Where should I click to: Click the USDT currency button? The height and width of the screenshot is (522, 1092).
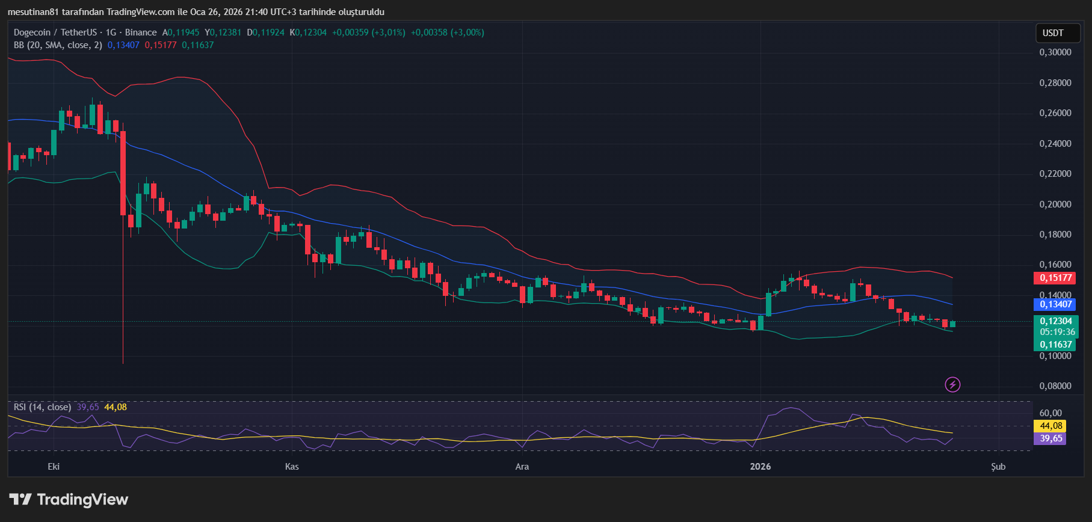tap(1053, 33)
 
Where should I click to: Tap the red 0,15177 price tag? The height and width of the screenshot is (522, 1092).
tap(1057, 278)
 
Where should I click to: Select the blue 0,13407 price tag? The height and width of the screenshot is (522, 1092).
tap(1057, 304)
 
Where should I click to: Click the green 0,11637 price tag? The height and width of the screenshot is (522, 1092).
tap(1057, 345)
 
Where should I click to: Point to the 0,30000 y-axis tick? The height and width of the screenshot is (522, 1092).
tap(1055, 52)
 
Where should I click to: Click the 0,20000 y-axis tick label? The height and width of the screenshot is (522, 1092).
tap(1055, 204)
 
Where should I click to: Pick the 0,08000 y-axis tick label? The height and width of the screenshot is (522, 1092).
tap(1055, 386)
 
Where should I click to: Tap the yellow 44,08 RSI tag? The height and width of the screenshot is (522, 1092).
tap(1050, 426)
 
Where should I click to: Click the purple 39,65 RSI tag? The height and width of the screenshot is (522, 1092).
tap(1050, 438)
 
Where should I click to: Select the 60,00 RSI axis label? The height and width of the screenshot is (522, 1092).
tap(1050, 413)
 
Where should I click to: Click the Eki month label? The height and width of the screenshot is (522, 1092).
tap(54, 467)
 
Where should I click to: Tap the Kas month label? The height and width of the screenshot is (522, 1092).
tap(292, 467)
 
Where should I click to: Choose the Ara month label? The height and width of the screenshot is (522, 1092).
tap(522, 467)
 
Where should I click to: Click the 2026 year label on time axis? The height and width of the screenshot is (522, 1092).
tap(760, 467)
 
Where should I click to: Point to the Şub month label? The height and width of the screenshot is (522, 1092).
tap(998, 467)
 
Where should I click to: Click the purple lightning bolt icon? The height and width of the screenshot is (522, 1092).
tap(952, 384)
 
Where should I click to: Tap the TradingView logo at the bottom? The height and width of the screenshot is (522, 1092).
tap(69, 500)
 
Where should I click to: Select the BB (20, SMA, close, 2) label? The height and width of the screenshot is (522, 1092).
tap(58, 45)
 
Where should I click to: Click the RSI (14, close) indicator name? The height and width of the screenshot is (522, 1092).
tap(42, 407)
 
